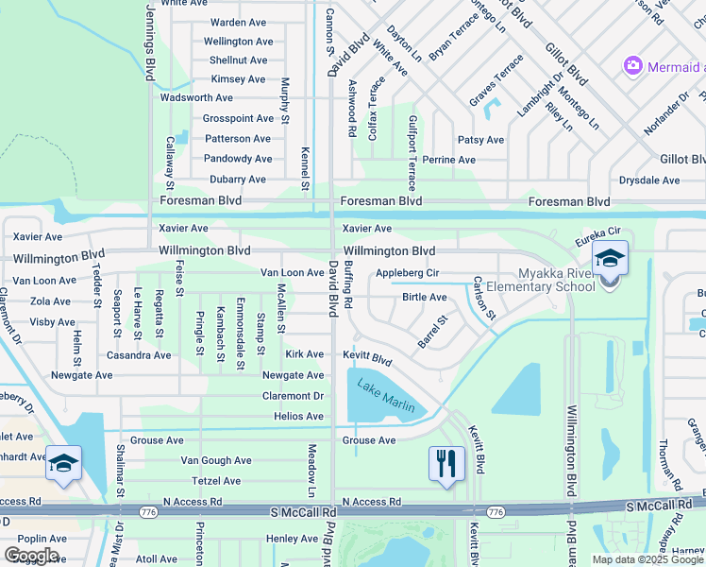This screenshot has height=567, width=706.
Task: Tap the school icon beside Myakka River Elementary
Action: pyautogui.click(x=610, y=259)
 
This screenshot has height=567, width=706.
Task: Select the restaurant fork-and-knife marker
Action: pyautogui.click(x=446, y=463)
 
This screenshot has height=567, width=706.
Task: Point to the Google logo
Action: pyautogui.click(x=30, y=556)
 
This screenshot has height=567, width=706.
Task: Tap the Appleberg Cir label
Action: pyautogui.click(x=408, y=273)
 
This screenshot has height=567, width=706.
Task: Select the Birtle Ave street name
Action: pyautogui.click(x=425, y=297)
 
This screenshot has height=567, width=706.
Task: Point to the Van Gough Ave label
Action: pyautogui.click(x=216, y=460)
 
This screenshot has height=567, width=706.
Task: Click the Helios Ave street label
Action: pyautogui.click(x=298, y=417)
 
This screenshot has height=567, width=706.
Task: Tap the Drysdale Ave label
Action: pyautogui.click(x=649, y=180)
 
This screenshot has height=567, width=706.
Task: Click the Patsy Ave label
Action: pyautogui.click(x=480, y=140)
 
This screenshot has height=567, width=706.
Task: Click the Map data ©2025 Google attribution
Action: pyautogui.click(x=647, y=559)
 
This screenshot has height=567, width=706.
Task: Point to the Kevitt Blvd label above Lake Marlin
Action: pyautogui.click(x=367, y=359)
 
